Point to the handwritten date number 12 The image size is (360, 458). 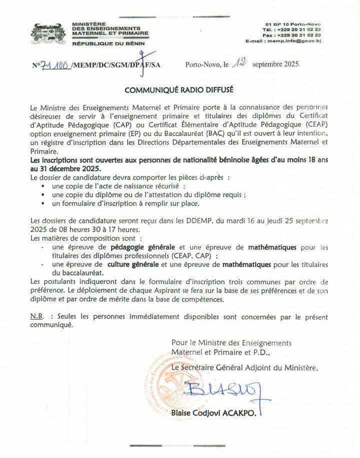click(241, 63)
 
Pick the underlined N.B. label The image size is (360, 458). click(39, 317)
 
